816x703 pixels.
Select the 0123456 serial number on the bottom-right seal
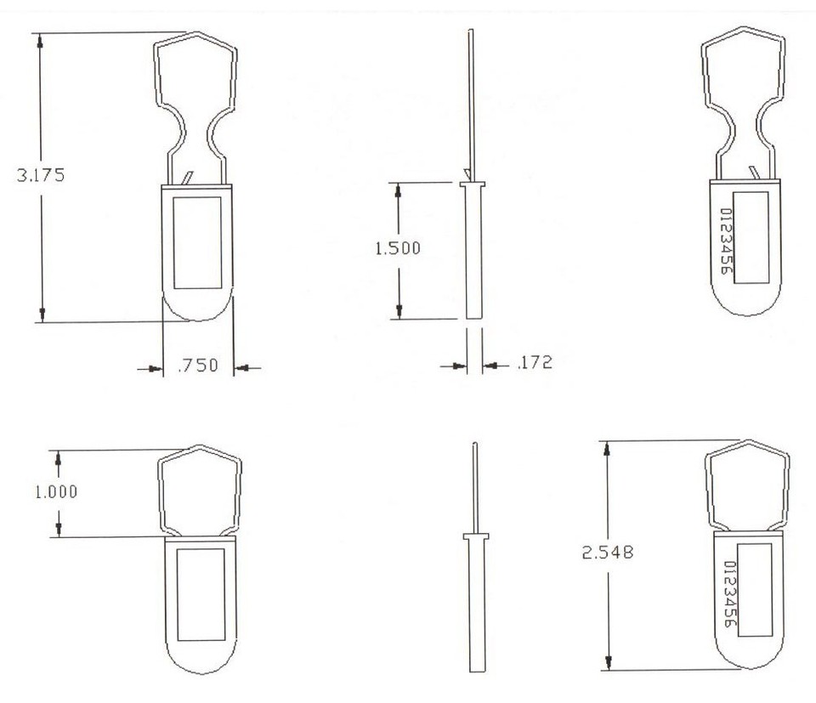(729, 593)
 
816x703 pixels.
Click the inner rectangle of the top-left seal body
(197, 241)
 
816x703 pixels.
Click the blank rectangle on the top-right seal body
(751, 236)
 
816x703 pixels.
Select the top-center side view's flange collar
(472, 183)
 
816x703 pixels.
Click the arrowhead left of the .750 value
(156, 368)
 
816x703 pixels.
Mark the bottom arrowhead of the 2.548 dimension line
(609, 665)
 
